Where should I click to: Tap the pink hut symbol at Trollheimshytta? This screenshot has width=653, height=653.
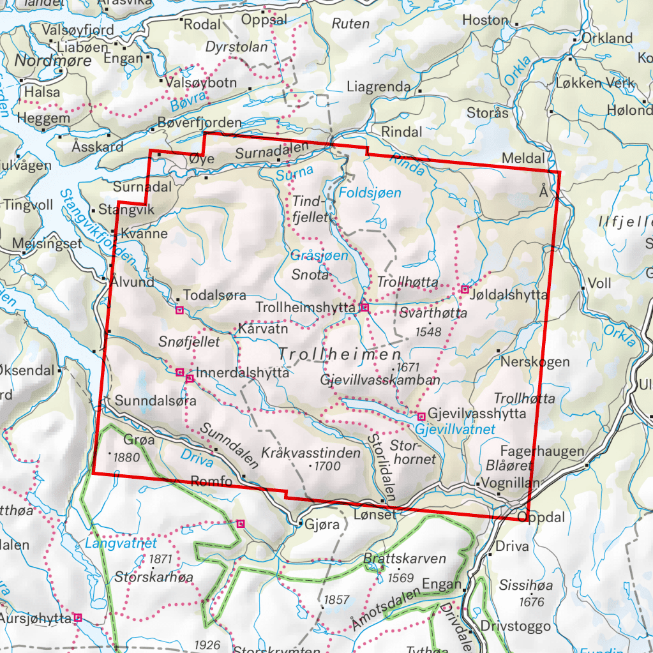tap(364, 308)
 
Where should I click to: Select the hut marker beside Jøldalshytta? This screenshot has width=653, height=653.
tap(465, 290)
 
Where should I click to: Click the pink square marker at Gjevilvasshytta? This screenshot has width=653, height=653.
tap(421, 416)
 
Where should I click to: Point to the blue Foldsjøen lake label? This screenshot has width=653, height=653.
tap(371, 193)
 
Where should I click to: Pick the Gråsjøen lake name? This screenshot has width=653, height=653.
tap(320, 255)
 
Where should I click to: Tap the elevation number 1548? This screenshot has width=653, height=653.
tap(428, 331)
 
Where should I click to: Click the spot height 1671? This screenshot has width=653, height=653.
tap(409, 367)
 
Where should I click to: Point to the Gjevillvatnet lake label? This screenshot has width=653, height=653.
tap(454, 430)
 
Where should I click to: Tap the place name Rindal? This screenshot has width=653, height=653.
tap(402, 131)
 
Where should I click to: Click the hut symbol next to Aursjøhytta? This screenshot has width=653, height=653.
tap(78, 617)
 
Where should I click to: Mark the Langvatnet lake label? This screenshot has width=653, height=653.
tap(121, 544)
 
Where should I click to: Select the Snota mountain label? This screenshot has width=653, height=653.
tap(310, 275)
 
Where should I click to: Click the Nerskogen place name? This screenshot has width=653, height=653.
tap(535, 362)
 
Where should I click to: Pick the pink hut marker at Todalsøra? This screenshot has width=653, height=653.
tap(179, 310)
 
